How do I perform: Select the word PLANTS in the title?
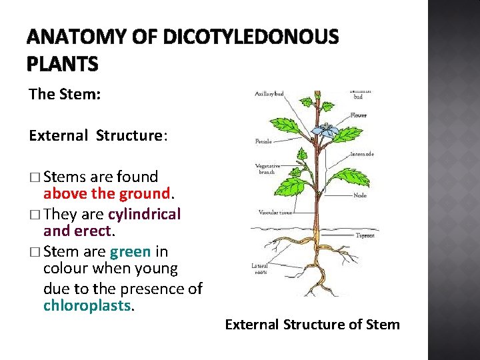pos(63,64)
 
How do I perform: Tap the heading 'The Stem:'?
pos(65,94)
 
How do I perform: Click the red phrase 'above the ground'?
pos(107,194)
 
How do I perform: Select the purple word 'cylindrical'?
pos(145,214)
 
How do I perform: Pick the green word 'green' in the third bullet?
pos(130,251)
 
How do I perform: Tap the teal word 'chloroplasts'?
pos(88,306)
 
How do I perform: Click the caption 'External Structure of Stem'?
pos(312,325)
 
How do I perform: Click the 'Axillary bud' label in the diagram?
pos(269,94)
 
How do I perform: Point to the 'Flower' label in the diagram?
pos(358,115)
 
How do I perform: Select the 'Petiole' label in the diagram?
pos(263,141)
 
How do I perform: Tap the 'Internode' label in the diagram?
pos(362,154)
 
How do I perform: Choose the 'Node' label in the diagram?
pos(359,195)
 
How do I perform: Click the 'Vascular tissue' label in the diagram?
pos(275,213)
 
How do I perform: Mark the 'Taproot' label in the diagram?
pos(365,235)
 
